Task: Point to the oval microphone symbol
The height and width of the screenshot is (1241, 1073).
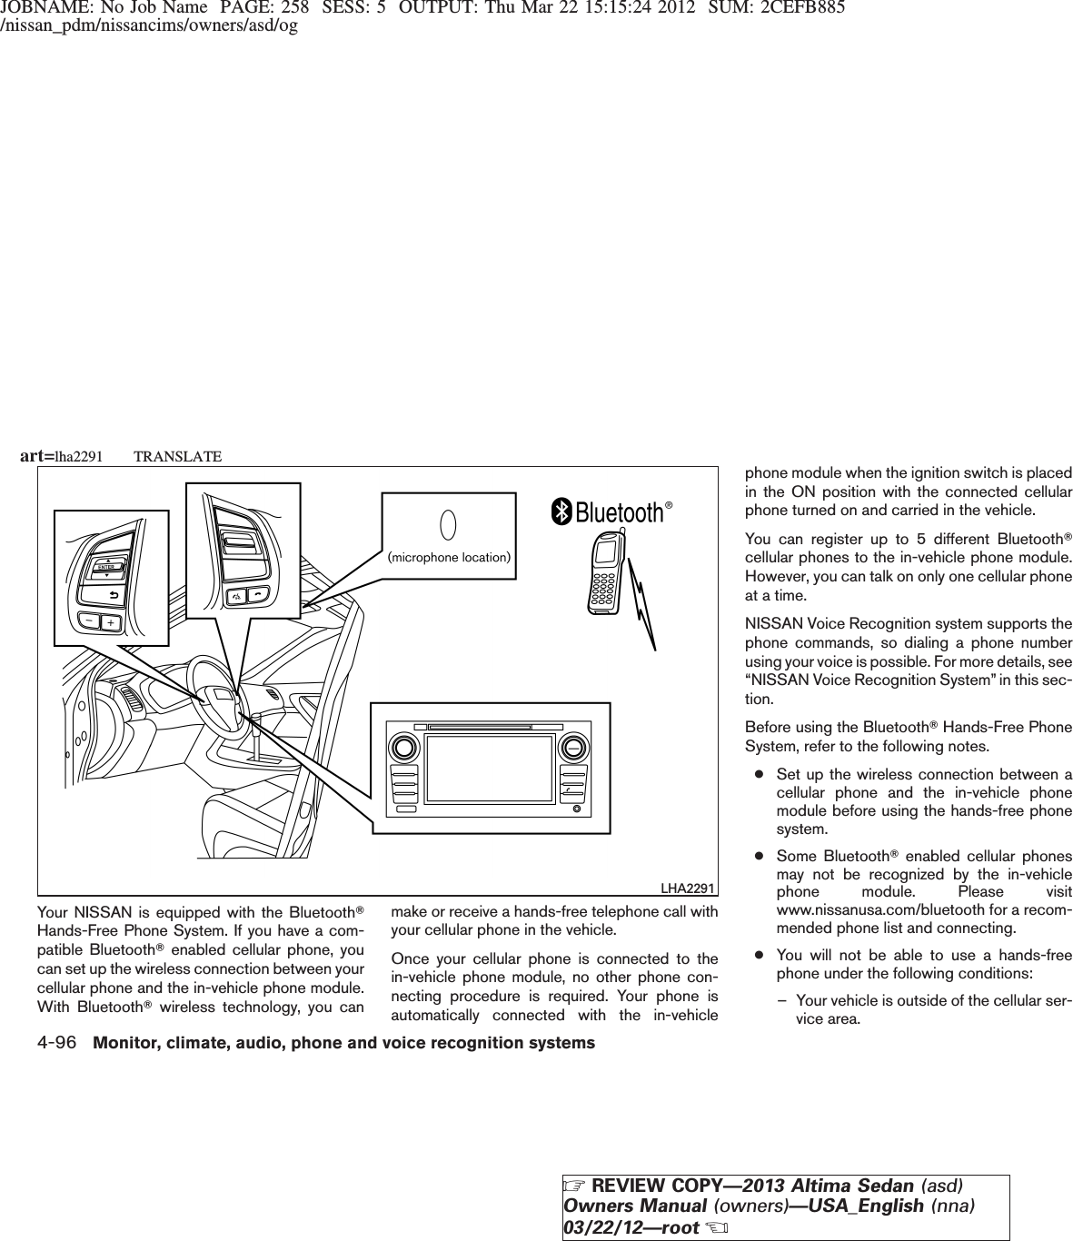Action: tap(447, 525)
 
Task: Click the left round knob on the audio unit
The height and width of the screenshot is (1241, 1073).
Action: tap(402, 749)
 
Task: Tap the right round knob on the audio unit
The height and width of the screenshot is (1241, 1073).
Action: tap(571, 749)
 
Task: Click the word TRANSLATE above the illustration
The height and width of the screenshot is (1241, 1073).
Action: tap(177, 456)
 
